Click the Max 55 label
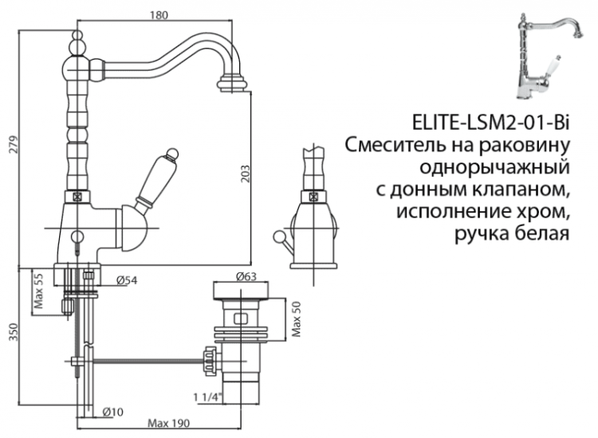(38, 294)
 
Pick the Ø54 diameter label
(128, 280)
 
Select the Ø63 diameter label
(247, 277)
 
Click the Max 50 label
(296, 319)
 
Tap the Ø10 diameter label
(112, 411)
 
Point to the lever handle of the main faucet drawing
(157, 182)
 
